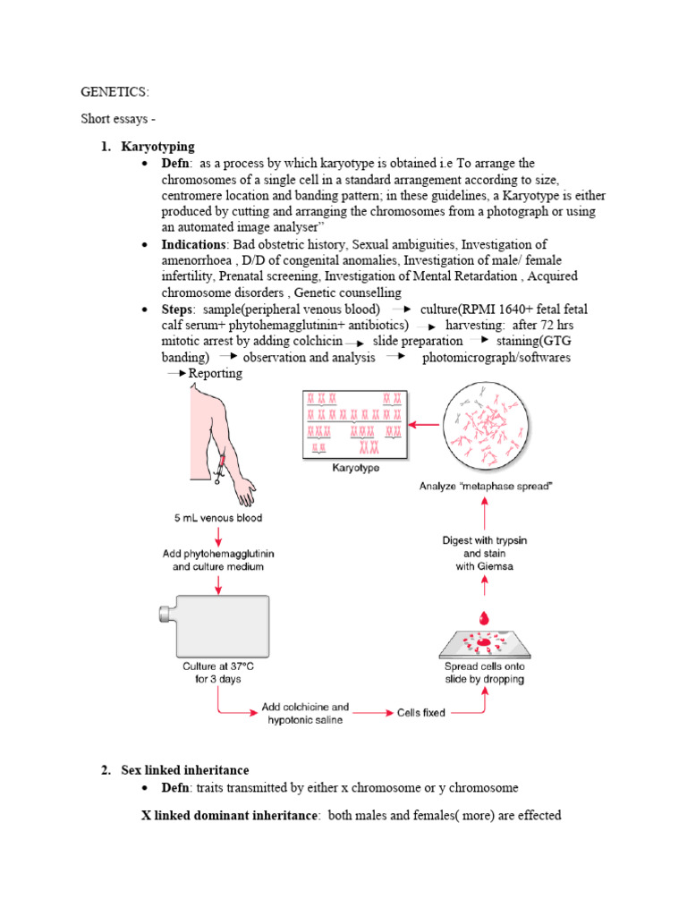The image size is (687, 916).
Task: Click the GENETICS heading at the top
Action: point(115,92)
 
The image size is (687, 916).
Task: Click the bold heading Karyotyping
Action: point(159,146)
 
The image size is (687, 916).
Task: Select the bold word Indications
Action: point(194,244)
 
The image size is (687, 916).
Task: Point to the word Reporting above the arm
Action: point(216,373)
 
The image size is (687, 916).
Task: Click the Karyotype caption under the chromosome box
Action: point(355,467)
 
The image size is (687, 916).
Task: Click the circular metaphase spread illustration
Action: point(487,424)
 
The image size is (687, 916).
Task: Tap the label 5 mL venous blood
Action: point(219,518)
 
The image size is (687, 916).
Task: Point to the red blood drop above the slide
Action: point(485,619)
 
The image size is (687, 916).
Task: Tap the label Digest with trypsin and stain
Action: point(486,546)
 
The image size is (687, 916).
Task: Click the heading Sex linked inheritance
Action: point(186,769)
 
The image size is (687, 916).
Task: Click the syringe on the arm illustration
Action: point(218,467)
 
